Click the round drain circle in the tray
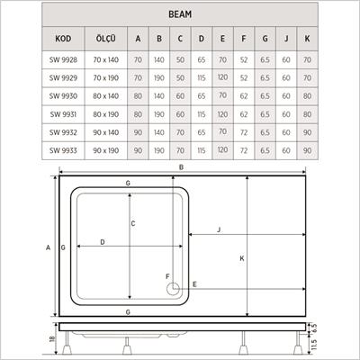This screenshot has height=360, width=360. [173, 290]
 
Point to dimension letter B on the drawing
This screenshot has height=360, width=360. [182, 168]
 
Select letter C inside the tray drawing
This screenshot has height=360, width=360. [133, 223]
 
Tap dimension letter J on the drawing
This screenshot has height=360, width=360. [219, 231]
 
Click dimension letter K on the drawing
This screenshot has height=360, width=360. [242, 260]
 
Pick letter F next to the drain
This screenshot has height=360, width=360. [166, 275]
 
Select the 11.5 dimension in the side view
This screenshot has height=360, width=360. [312, 345]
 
